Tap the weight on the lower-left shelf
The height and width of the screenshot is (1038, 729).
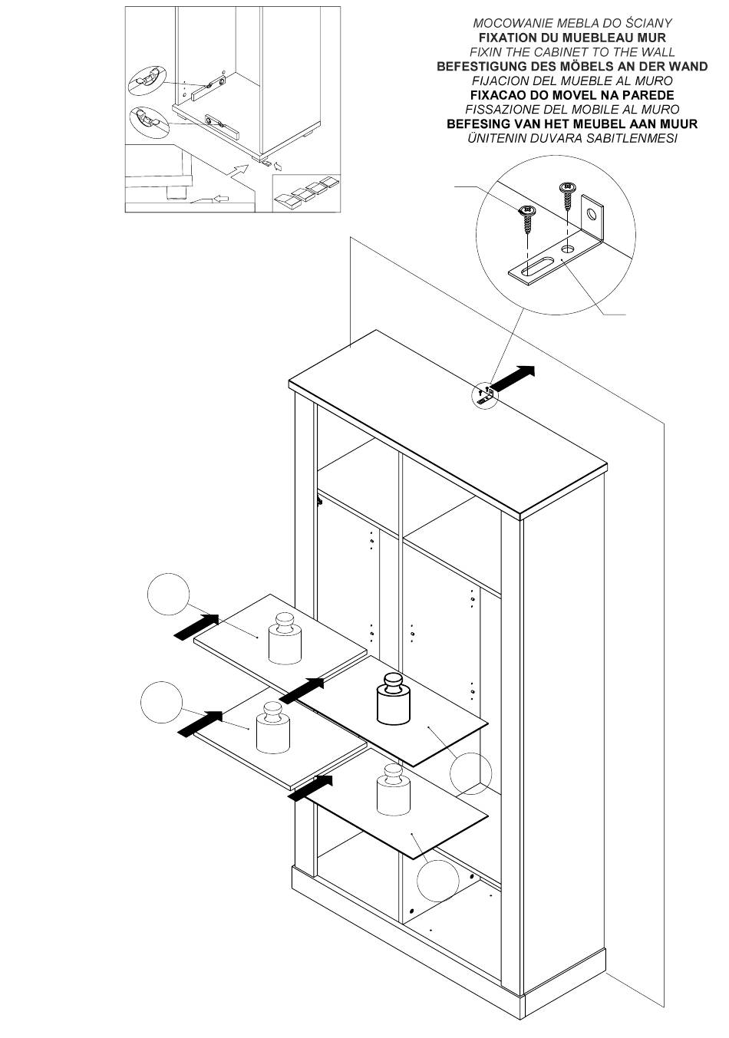pos(272,727)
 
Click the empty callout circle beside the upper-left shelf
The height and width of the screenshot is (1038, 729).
pos(168,595)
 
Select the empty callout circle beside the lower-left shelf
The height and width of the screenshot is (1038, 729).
pos(161,701)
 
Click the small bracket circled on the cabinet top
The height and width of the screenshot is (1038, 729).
pos(485,394)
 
